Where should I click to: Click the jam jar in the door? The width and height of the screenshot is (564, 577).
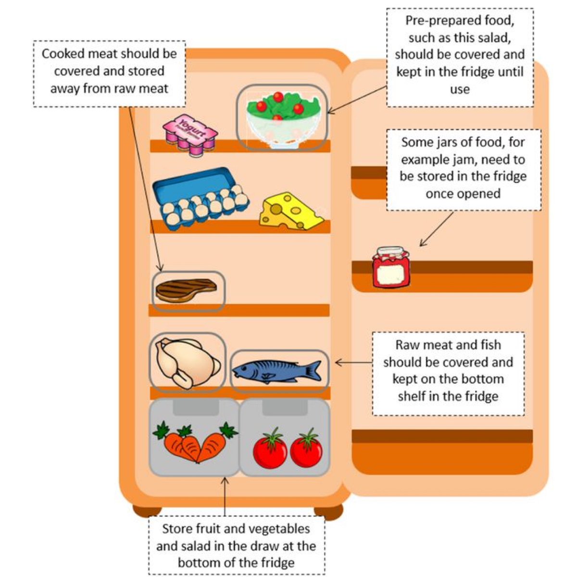tap(391, 267)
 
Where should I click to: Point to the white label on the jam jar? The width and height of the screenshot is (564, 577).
tap(391, 275)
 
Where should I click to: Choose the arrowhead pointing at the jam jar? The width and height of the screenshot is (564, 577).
tap(421, 245)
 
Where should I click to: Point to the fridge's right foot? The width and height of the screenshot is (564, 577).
tap(328, 512)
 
